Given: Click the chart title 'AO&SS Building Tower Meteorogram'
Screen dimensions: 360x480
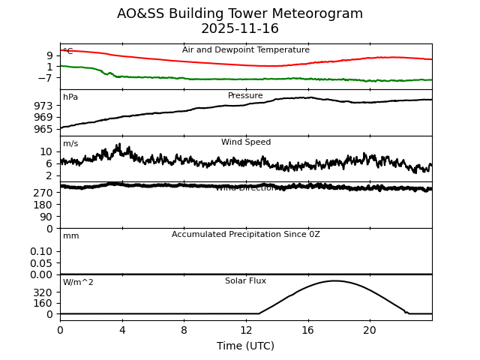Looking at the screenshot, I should click(x=240, y=13).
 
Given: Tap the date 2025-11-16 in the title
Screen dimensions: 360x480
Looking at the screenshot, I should click(x=240, y=29).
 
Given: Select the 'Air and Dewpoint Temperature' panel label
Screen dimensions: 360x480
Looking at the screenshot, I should click(x=245, y=50).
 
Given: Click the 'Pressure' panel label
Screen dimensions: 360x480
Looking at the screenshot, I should click(x=245, y=96).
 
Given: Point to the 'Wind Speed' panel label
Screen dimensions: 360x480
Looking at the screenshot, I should click(x=245, y=142).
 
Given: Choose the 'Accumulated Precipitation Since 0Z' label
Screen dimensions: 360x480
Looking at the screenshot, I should click(x=245, y=235).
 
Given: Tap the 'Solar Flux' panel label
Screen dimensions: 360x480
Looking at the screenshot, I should click(x=245, y=281).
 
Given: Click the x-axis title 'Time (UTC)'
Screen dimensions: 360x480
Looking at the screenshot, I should click(x=245, y=346).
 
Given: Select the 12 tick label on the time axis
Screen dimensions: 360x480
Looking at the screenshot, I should click(x=246, y=330).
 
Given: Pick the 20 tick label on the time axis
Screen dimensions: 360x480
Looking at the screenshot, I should click(x=370, y=330).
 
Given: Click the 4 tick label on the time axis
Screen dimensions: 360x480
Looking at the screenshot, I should click(x=122, y=330).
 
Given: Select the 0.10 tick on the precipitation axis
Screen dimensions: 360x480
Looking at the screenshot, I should click(x=42, y=251).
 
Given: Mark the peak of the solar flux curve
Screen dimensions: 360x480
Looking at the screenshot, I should click(x=334, y=280).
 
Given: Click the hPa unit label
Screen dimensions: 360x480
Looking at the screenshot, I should click(x=70, y=97).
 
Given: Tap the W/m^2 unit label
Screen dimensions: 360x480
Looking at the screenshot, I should click(x=78, y=283).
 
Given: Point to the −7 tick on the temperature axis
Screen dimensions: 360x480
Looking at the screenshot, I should click(x=43, y=78).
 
